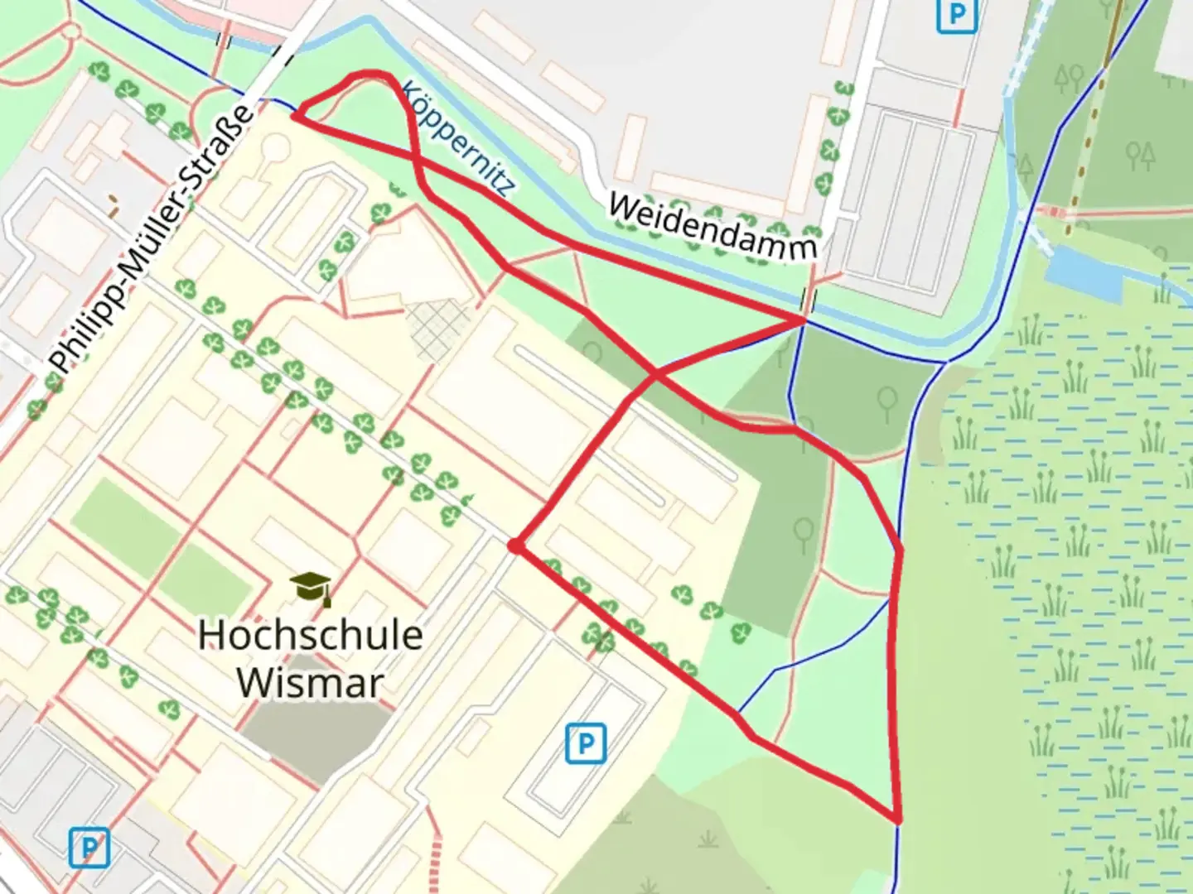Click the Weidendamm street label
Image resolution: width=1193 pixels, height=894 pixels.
(712, 225)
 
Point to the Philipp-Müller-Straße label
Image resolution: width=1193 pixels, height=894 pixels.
(149, 240)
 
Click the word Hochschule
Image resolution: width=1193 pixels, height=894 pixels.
(311, 635)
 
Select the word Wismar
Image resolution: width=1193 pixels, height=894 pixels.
(311, 683)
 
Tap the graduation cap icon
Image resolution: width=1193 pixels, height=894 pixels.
(312, 587)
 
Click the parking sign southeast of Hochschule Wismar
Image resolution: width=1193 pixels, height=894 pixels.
(585, 743)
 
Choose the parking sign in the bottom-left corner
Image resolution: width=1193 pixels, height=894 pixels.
(89, 848)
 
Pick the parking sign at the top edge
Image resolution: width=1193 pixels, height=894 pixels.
(957, 14)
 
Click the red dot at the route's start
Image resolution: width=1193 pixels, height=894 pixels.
(515, 546)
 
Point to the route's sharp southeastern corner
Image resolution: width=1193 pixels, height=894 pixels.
(898, 819)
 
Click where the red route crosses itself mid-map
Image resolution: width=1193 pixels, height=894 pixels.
(655, 375)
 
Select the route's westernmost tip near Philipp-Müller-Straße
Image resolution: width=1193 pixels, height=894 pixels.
(294, 116)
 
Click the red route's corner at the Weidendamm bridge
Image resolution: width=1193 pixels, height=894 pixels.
(804, 319)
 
